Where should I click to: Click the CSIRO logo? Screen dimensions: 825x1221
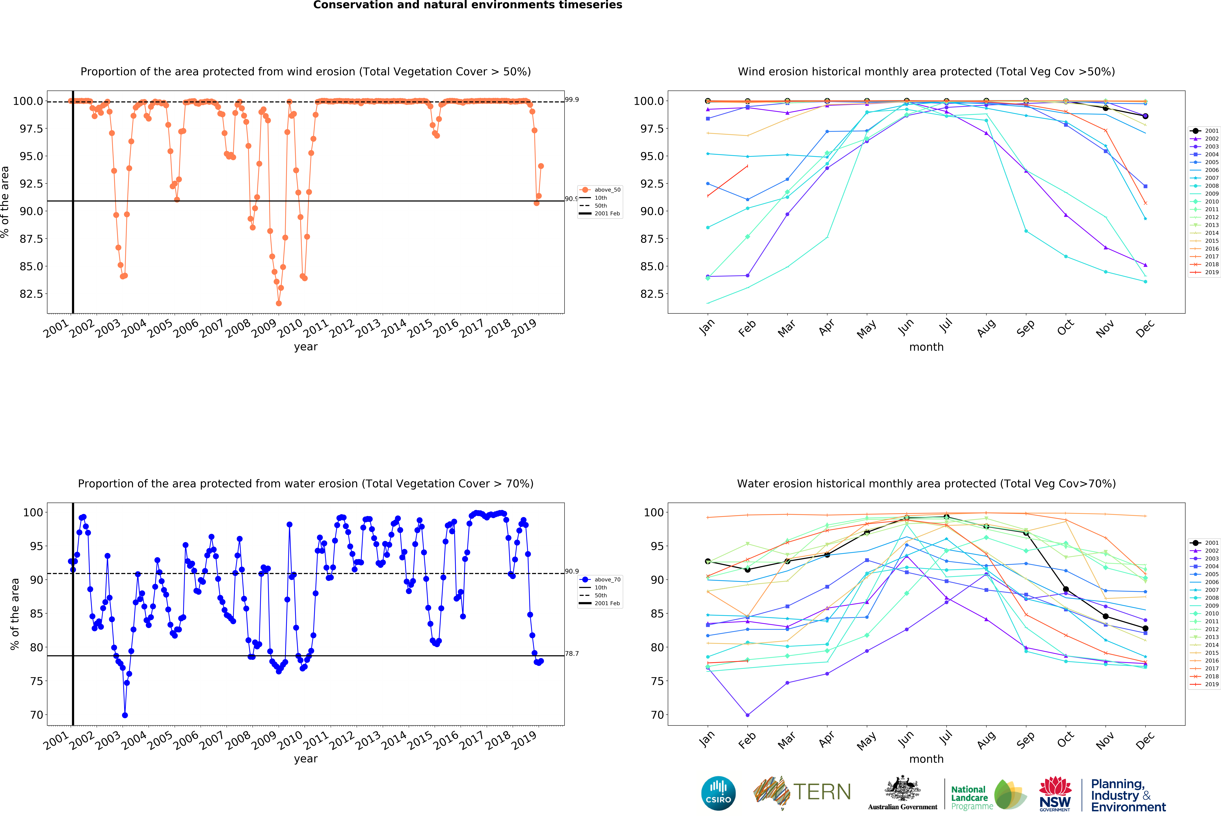718,793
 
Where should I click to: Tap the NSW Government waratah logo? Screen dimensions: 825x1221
1055,793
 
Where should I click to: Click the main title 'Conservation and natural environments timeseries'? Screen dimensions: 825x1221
468,5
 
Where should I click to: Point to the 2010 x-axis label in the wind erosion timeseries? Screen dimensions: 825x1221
289,328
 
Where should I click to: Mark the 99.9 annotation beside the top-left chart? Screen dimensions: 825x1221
572,100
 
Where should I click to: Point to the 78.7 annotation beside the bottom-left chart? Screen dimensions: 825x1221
572,654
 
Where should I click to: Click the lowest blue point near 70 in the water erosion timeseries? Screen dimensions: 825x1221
125,715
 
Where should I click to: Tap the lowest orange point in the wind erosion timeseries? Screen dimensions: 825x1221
278,303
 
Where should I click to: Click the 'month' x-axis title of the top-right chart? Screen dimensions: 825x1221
926,347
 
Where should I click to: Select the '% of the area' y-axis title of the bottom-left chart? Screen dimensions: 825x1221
15,614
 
